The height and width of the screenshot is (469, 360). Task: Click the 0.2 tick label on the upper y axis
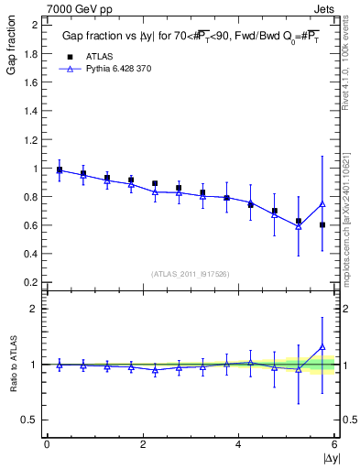coord(29,282)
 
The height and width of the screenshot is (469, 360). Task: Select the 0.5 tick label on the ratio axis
coord(29,420)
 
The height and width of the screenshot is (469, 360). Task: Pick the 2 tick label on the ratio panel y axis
coord(34,309)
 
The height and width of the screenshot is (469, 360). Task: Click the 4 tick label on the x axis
coord(239,444)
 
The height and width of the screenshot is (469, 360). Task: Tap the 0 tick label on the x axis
coord(47,444)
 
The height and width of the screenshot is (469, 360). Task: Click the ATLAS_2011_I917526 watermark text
coord(190,274)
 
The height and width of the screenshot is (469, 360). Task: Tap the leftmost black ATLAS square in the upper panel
coord(60,169)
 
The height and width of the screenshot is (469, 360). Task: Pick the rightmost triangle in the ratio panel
coord(322,346)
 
